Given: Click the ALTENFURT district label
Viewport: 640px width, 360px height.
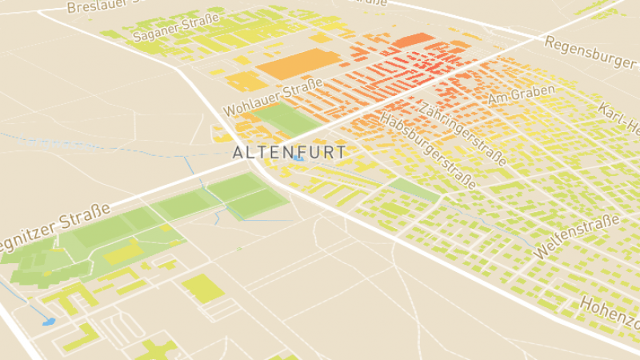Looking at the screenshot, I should (x=289, y=152).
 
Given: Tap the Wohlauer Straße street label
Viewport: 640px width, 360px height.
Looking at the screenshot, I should (x=272, y=95).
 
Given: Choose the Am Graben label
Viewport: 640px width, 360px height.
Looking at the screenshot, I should (x=521, y=94).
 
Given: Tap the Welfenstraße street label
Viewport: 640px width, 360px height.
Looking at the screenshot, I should (x=577, y=235).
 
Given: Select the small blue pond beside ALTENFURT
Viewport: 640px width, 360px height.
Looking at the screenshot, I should (x=298, y=158).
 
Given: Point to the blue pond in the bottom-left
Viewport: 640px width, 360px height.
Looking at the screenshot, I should (x=48, y=322).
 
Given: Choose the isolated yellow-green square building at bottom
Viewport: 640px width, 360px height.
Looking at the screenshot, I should (x=202, y=288).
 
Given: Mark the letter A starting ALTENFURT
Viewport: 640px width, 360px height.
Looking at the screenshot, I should (x=238, y=152).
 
